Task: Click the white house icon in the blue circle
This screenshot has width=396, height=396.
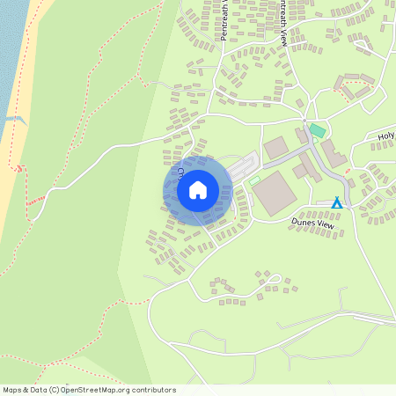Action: pos(198,189)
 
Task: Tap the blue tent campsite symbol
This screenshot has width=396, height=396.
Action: pos(336,203)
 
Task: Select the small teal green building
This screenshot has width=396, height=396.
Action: pos(318,130)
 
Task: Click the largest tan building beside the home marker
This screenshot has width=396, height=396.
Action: pos(274,192)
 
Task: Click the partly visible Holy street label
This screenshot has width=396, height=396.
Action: pos(386,137)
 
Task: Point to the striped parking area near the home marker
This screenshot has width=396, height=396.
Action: pos(246,165)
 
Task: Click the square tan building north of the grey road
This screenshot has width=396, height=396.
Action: pos(275,147)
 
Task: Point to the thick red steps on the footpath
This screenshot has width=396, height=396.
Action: pos(34,202)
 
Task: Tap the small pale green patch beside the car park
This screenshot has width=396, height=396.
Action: pos(254,181)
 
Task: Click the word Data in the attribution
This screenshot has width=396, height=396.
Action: pos(36,390)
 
